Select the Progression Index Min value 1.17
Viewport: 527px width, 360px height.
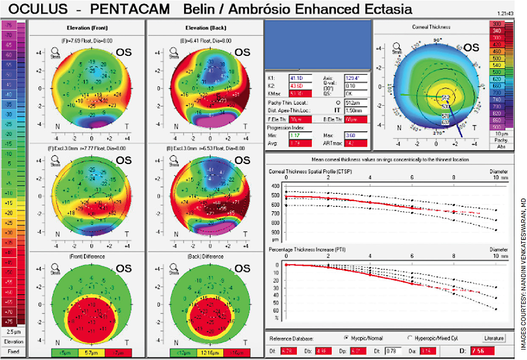(x=301, y=135)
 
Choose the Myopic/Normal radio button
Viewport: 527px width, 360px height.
(x=347, y=338)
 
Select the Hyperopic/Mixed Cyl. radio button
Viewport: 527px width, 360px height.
(x=410, y=338)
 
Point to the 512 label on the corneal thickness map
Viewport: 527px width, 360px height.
(x=446, y=98)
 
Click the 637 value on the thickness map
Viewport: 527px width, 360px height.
(x=445, y=123)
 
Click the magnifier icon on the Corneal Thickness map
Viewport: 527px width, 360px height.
(x=397, y=46)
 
